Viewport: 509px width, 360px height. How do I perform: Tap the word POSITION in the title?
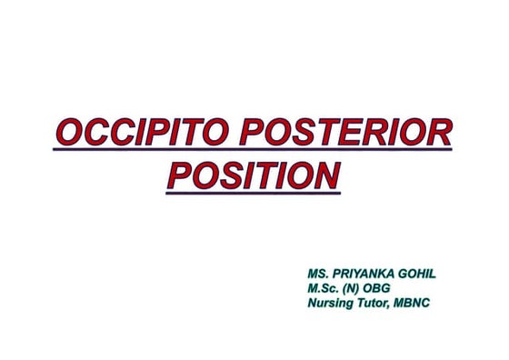pyautogui.click(x=254, y=175)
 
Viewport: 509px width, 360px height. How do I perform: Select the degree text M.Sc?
pyautogui.click(x=326, y=288)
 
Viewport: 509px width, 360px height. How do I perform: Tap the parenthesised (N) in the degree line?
pyautogui.click(x=361, y=288)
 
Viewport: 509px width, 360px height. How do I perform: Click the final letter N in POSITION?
pyautogui.click(x=325, y=175)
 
